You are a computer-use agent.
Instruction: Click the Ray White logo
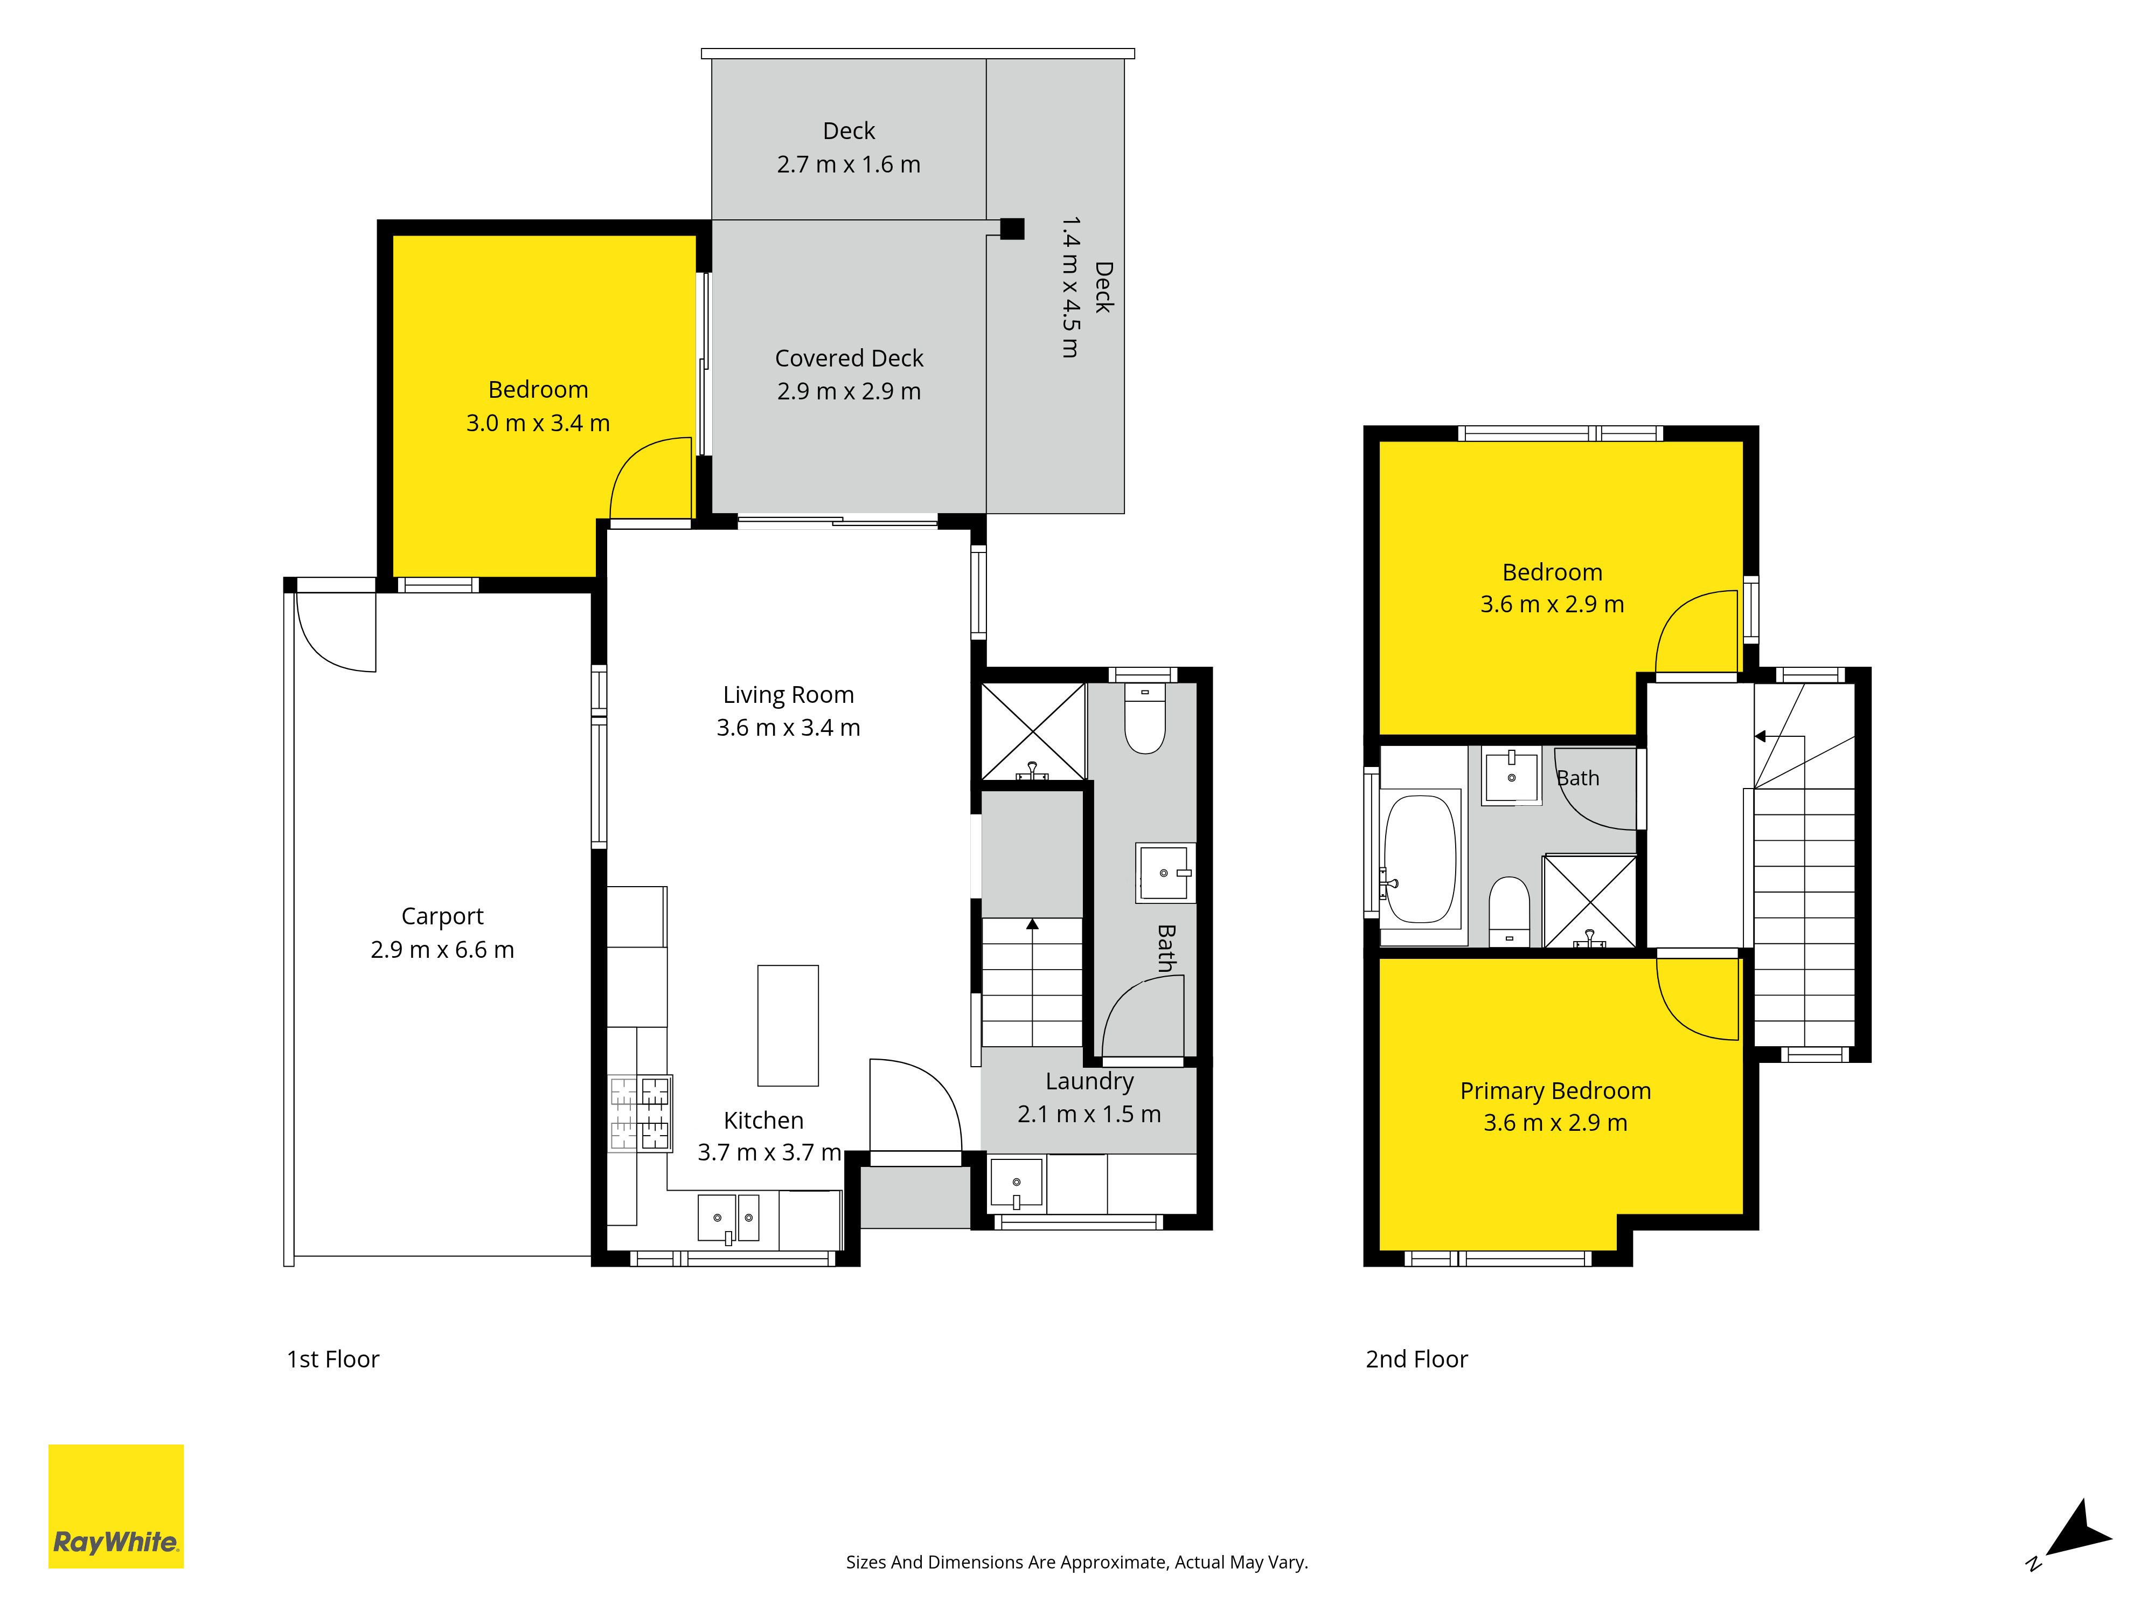116,1506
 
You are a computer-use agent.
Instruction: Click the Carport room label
442,916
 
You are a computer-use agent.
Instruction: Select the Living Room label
788,695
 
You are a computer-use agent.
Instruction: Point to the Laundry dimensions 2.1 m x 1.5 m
1089,1114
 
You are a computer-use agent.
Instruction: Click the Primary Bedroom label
1555,1091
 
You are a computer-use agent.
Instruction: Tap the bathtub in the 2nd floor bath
1421,859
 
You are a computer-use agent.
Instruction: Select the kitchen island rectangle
788,1025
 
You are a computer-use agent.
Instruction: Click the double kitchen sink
729,1218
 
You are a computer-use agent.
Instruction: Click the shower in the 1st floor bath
1033,731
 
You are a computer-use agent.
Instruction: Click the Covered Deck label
849,358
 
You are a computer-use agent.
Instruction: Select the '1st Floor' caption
332,1360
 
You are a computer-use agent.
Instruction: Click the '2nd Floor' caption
1416,1360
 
